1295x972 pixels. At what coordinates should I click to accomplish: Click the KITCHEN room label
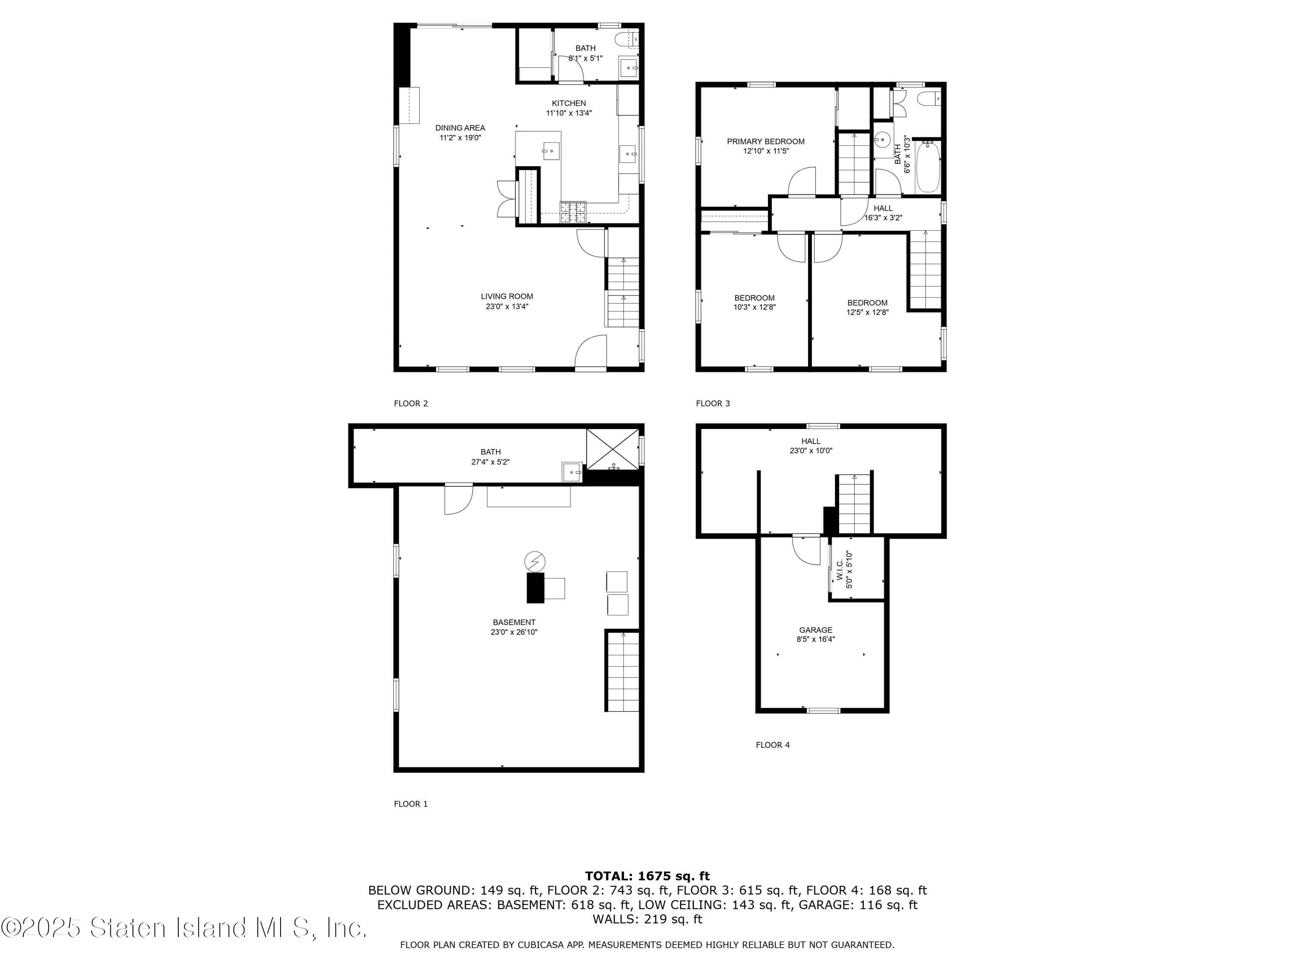[569, 103]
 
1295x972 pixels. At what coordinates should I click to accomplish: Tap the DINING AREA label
[460, 128]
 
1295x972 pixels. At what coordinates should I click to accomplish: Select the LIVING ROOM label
[507, 296]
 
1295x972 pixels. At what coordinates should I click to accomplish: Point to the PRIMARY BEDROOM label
[766, 141]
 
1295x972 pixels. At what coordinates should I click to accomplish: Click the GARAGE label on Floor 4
[815, 630]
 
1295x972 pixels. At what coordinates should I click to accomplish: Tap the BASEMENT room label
[514, 622]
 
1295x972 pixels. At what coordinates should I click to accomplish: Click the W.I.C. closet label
[840, 569]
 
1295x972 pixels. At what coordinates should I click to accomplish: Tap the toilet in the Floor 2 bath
[626, 39]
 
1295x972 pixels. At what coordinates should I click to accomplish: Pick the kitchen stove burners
[573, 212]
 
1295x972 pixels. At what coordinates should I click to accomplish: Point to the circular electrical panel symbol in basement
[534, 562]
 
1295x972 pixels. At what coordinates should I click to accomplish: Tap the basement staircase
[622, 671]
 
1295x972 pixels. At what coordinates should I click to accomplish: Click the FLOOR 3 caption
[713, 403]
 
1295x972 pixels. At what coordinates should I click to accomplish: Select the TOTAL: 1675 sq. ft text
[647, 876]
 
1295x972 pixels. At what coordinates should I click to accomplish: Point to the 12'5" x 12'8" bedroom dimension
[867, 312]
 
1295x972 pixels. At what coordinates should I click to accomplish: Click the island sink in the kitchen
[550, 151]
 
